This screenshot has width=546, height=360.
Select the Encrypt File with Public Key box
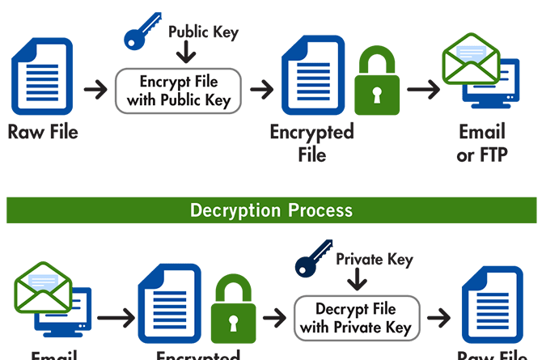coord(179,91)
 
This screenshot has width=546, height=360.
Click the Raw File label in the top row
coord(43,132)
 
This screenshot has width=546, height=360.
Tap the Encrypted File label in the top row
coord(311,142)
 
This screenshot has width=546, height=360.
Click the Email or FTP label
coord(481,142)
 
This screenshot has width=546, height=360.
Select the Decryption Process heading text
coord(271,210)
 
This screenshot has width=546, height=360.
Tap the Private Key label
coord(374,260)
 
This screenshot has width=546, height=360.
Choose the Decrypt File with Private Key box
coord(356,318)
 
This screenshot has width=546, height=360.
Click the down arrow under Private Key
coord(356,281)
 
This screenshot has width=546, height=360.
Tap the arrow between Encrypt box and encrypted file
coord(260,88)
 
